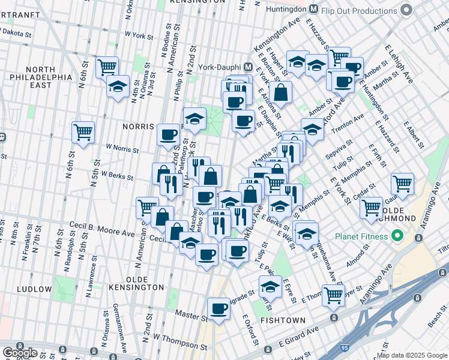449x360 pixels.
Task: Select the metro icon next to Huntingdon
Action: [x=313, y=9]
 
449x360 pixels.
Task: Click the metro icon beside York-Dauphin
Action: [x=247, y=65]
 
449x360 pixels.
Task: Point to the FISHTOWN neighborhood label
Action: [x=284, y=321]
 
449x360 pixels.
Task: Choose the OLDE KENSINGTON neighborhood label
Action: [x=136, y=288]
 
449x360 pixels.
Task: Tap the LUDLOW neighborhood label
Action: [x=35, y=289]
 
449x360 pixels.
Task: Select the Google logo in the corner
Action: [x=20, y=353]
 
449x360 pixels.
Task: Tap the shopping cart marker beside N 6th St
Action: [x=83, y=132]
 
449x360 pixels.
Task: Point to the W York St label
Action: [x=139, y=36]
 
